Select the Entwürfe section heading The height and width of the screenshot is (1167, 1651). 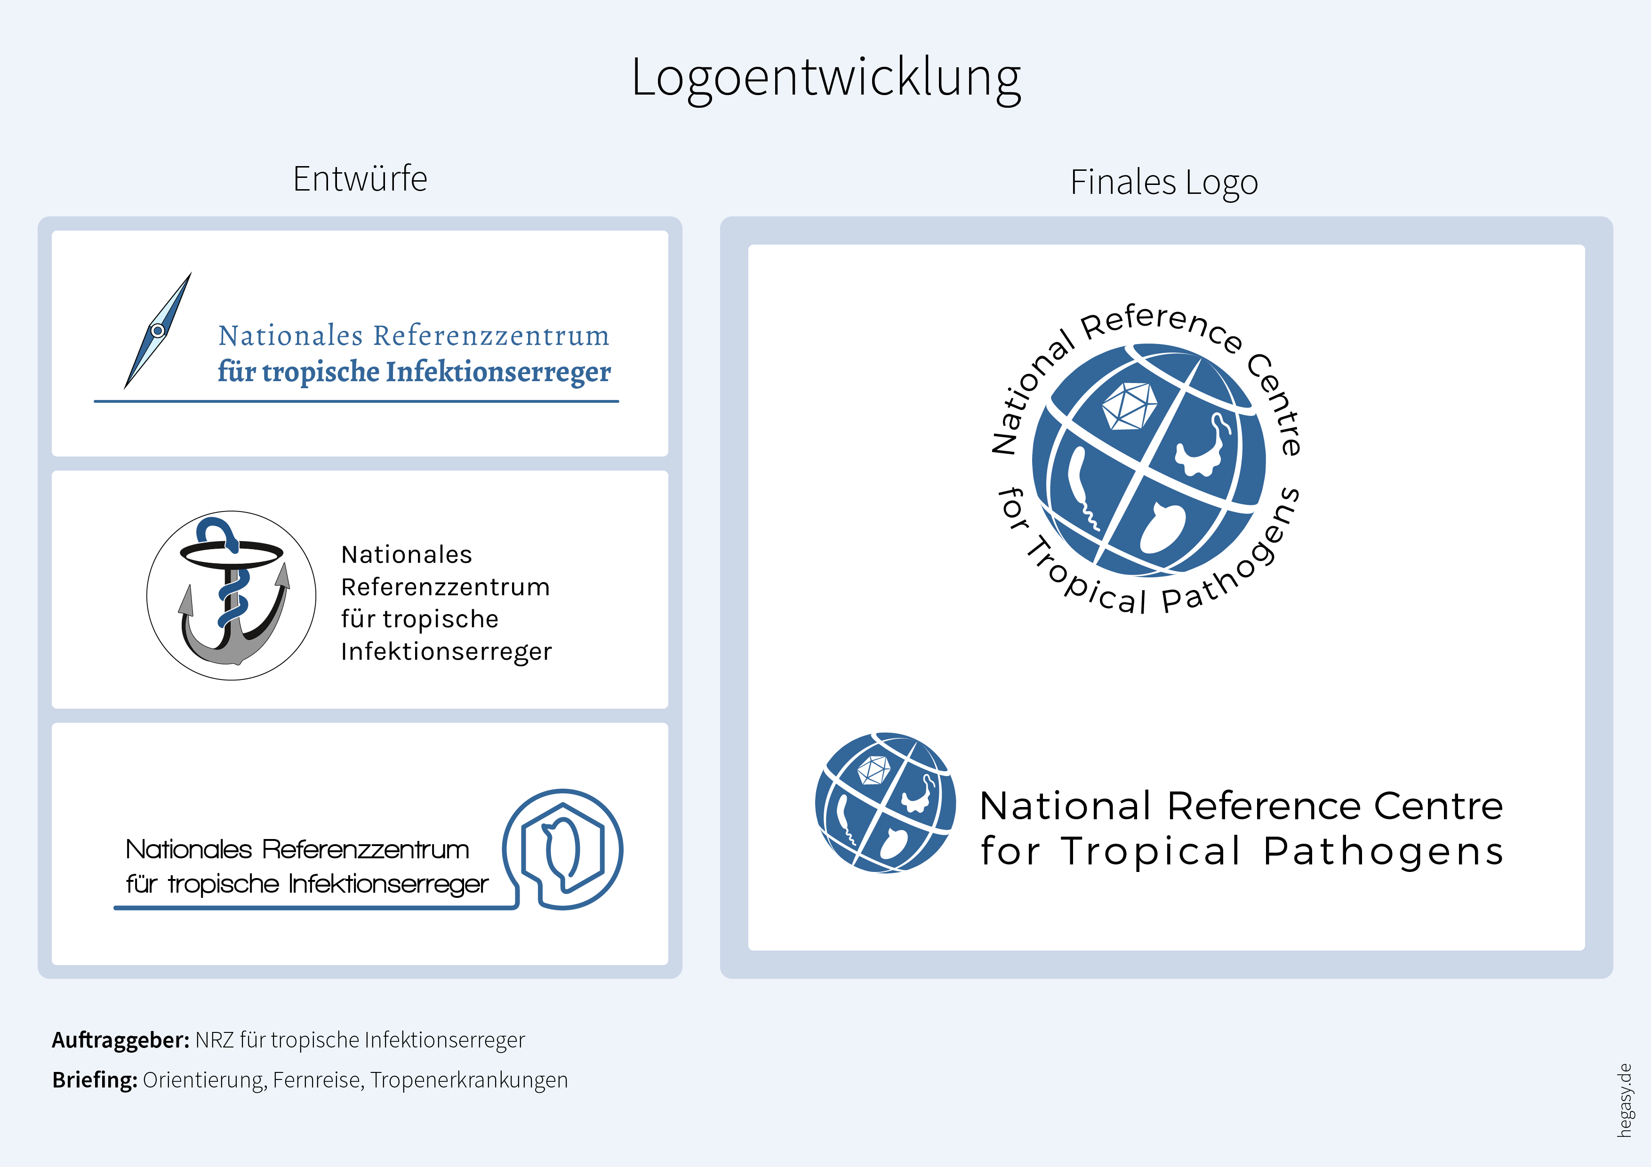[360, 178]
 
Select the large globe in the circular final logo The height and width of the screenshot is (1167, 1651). [1148, 460]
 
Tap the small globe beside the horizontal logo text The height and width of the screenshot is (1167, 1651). [885, 803]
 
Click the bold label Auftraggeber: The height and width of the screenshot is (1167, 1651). [120, 1040]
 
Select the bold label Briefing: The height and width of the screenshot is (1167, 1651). [94, 1080]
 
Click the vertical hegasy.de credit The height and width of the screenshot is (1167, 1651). [1624, 1100]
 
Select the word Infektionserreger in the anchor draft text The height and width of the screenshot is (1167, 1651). [446, 651]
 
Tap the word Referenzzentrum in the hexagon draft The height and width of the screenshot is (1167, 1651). [365, 850]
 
